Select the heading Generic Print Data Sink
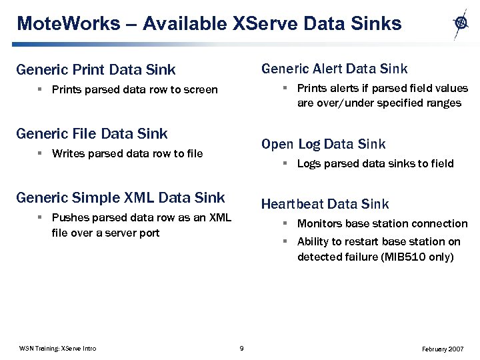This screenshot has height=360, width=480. pyautogui.click(x=95, y=69)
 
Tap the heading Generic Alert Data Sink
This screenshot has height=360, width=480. pyautogui.click(x=334, y=69)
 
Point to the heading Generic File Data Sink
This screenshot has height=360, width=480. pyautogui.click(x=91, y=133)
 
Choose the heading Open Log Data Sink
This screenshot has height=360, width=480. pyautogui.click(x=323, y=144)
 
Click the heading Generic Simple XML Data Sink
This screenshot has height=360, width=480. pyautogui.click(x=120, y=197)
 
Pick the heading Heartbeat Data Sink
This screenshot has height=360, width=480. pyautogui.click(x=325, y=204)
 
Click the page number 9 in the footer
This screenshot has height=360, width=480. pyautogui.click(x=241, y=349)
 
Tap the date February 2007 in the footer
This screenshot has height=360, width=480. pyautogui.click(x=443, y=349)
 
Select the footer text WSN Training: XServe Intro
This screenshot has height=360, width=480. pyautogui.click(x=58, y=349)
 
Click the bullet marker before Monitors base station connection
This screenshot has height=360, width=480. pyautogui.click(x=283, y=223)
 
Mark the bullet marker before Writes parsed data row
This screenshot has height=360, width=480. pyautogui.click(x=41, y=153)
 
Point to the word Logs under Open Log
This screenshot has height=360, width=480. pyautogui.click(x=309, y=163)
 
